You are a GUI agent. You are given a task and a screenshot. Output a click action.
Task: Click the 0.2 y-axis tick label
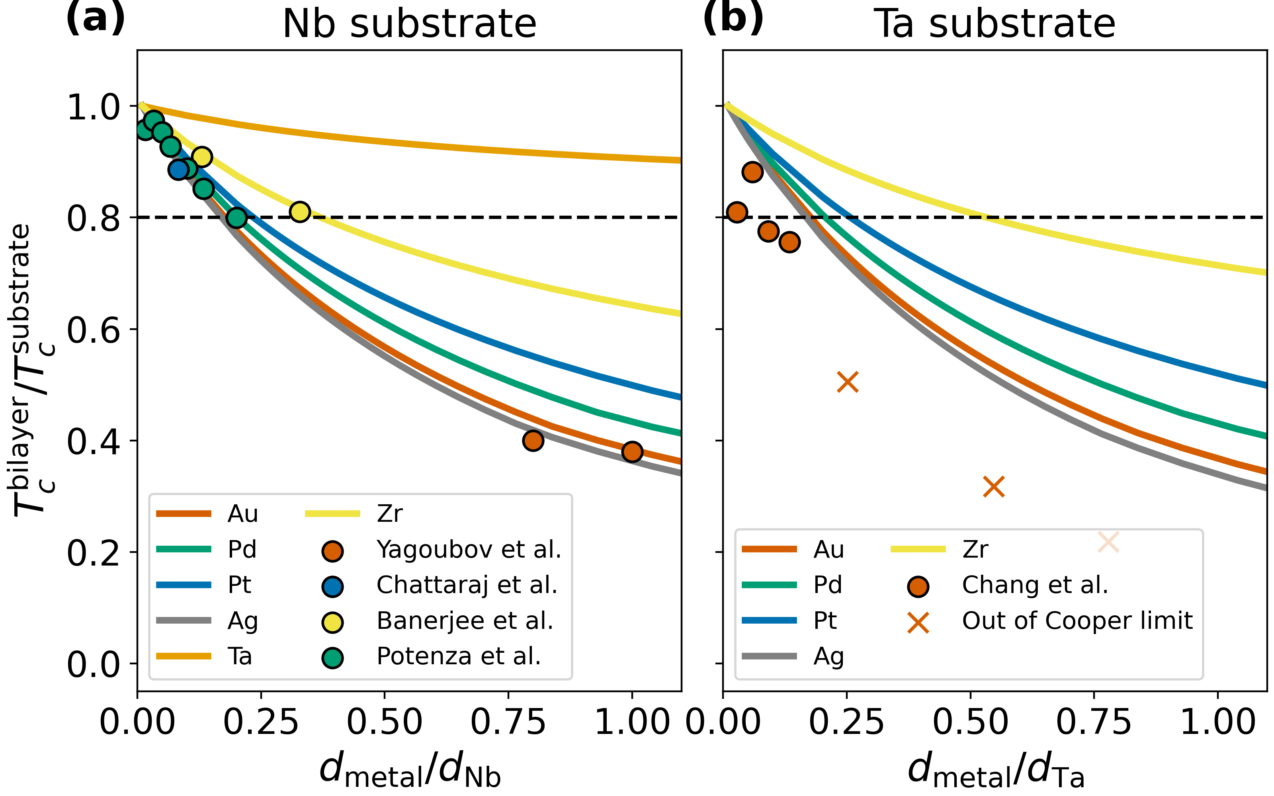tap(94, 553)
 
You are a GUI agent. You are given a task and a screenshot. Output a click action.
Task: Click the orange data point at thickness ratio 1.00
tap(632, 451)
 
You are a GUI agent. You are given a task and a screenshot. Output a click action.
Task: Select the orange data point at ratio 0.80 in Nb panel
tap(533, 441)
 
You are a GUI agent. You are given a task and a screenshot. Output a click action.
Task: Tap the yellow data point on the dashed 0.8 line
tap(299, 212)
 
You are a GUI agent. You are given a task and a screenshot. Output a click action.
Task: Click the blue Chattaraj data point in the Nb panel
tap(178, 170)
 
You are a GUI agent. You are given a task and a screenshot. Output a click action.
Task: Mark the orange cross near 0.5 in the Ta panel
tap(848, 382)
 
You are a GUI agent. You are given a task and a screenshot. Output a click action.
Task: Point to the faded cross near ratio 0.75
tap(1108, 542)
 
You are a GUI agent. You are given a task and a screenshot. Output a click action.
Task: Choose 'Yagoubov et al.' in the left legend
tap(469, 550)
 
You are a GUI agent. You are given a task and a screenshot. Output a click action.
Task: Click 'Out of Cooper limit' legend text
tap(1077, 621)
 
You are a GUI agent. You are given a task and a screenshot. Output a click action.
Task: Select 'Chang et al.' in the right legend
tap(1035, 585)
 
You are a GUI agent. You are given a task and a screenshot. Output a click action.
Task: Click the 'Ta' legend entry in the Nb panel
tap(240, 656)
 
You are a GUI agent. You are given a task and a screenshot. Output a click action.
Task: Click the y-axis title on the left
tap(33, 369)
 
